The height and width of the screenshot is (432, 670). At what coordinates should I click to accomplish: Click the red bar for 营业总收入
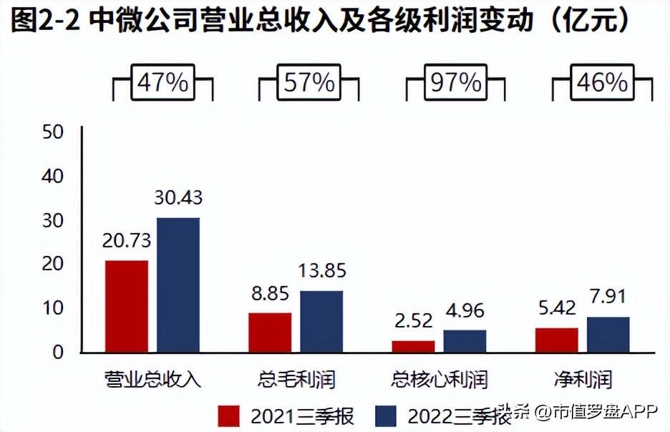point(127,306)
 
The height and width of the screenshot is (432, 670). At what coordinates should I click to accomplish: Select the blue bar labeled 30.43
point(178,285)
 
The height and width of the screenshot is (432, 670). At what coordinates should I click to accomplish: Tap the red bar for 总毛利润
point(270,333)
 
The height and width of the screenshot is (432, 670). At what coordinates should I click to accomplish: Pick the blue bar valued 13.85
point(321,321)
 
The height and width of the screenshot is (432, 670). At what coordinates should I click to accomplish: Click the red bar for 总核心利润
point(413,346)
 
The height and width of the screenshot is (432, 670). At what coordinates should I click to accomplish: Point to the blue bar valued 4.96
point(465,341)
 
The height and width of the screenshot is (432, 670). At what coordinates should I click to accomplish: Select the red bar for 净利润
point(556,340)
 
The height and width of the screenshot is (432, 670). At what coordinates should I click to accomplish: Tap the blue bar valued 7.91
point(608,335)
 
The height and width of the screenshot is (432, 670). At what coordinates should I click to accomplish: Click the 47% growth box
point(163,83)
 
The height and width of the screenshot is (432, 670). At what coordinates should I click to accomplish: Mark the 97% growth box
point(456,83)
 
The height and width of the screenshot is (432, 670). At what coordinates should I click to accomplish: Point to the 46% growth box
point(602,83)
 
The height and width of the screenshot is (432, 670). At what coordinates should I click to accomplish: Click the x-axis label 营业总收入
point(152,378)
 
